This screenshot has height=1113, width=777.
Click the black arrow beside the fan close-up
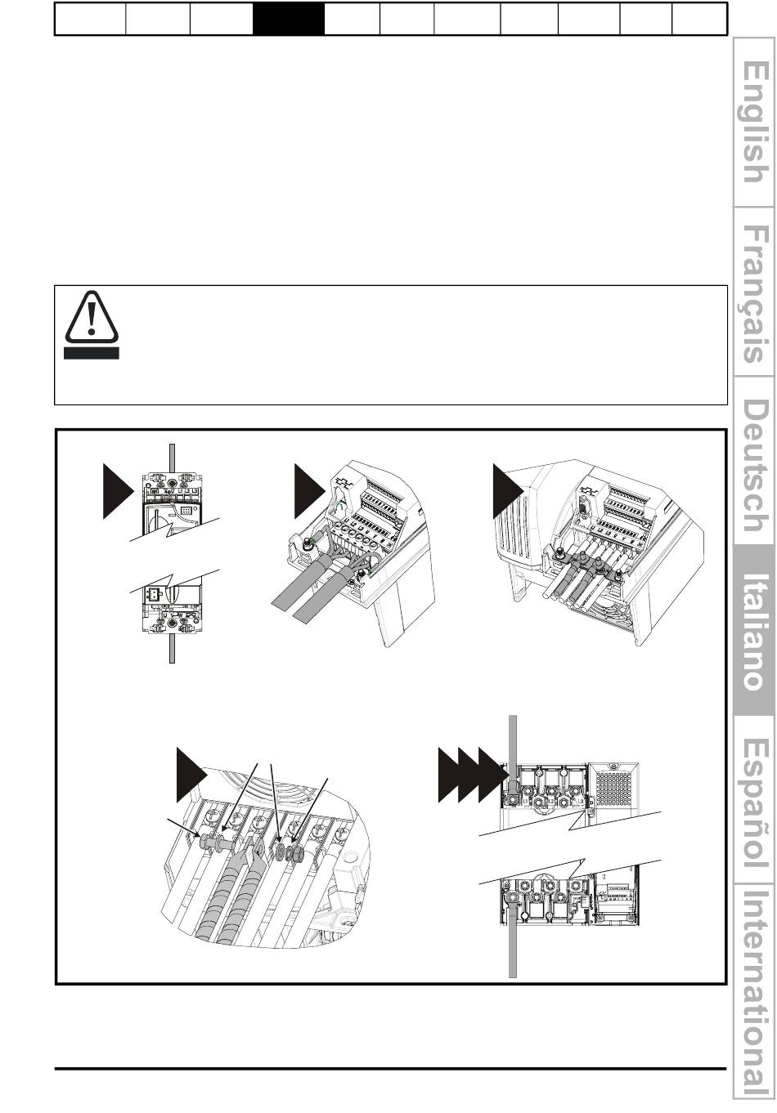[191, 776]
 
